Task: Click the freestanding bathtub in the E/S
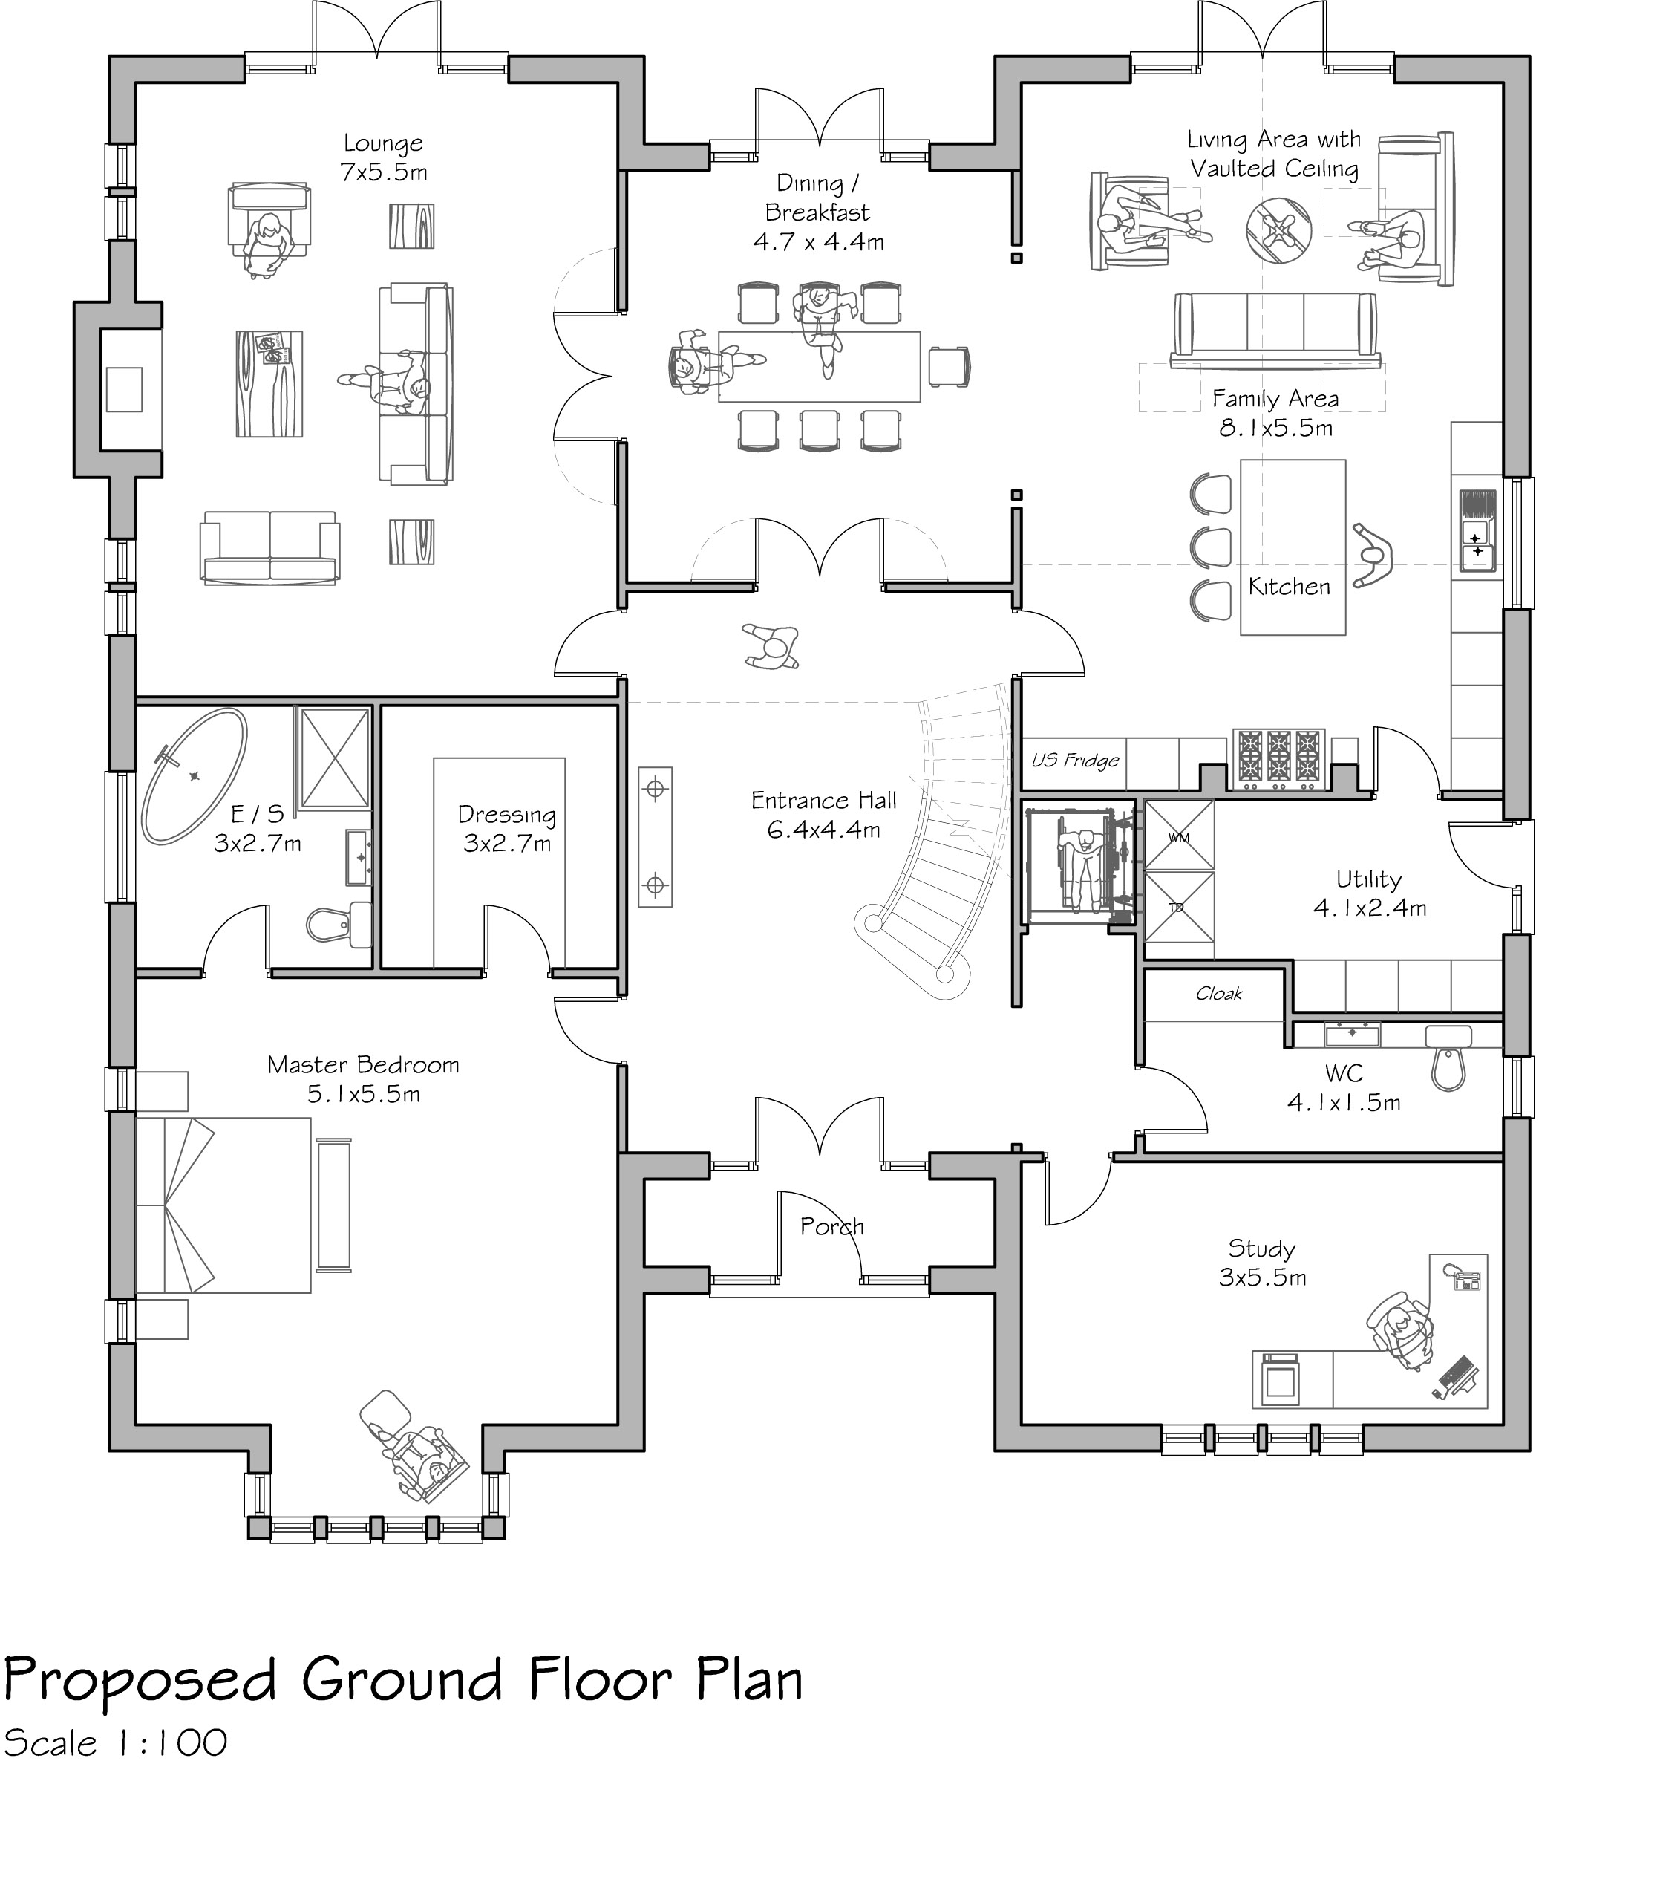coord(194,776)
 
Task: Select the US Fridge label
coord(1075,761)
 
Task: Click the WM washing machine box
coord(1179,835)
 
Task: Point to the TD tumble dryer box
coord(1179,906)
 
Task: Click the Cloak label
coord(1219,994)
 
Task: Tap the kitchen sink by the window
coord(1477,531)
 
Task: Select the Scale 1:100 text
coord(115,1744)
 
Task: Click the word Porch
coord(831,1227)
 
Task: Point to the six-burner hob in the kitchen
coord(1280,759)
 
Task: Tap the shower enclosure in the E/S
coord(333,758)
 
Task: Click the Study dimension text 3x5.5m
coord(1262,1277)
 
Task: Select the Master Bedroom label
coord(363,1065)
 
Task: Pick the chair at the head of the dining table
coord(950,367)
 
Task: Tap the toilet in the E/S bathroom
coord(338,924)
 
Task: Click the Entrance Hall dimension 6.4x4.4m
coord(823,830)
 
